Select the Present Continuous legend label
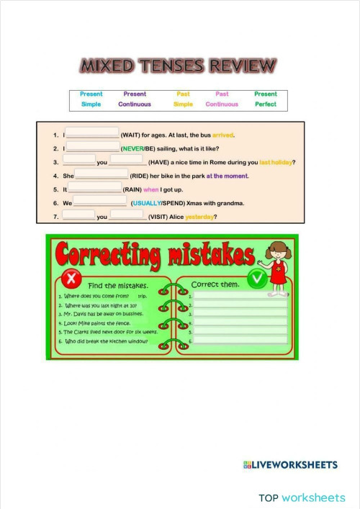click(135, 99)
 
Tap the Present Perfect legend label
click(265, 99)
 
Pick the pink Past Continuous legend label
click(222, 99)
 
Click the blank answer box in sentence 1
click(92, 133)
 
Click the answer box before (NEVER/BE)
click(92, 147)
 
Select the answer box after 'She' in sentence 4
click(101, 174)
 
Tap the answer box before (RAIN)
click(94, 189)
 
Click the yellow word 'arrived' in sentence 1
click(223, 135)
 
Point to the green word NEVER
click(132, 148)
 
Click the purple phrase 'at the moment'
click(227, 176)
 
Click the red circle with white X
click(71, 278)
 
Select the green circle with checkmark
click(256, 278)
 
